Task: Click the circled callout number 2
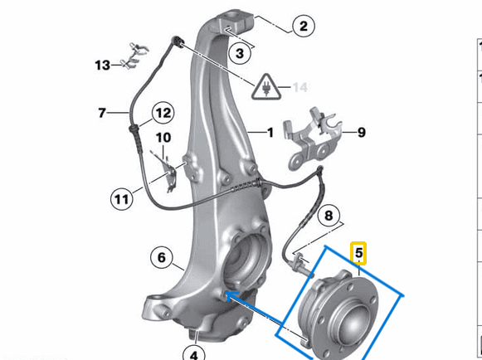coord(303,27)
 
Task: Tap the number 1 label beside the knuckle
coord(269,132)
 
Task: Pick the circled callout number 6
coord(162,257)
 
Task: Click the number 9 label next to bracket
coord(360,132)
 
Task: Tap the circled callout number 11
coord(122,198)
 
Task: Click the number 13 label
coord(101,65)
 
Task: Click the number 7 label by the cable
coord(102,112)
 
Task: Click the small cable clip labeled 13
coord(134,56)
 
